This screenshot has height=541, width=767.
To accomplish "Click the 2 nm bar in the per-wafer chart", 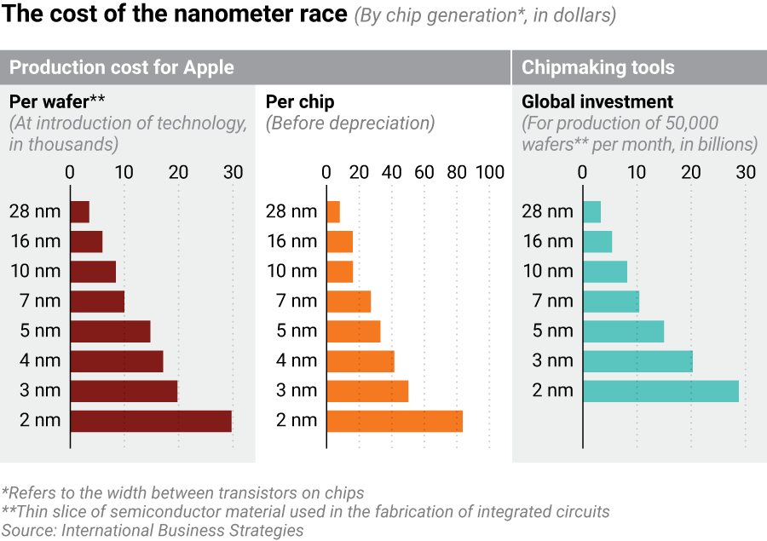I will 151,421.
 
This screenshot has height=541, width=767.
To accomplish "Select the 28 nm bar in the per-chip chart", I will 333,211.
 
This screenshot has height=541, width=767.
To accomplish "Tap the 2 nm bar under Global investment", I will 660,391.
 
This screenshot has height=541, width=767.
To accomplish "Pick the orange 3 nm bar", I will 367,391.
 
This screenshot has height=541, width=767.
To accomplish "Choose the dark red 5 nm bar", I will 110,331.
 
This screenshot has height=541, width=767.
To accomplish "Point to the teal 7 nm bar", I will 610,301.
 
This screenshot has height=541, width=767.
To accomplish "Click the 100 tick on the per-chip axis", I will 490,172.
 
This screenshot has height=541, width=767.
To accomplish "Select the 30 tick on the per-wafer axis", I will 233,172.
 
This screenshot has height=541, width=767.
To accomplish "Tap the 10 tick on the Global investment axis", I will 637,172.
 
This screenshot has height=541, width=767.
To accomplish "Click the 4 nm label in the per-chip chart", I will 297,360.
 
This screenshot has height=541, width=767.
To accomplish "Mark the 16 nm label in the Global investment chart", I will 547,241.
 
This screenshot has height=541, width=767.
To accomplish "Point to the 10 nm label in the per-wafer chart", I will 35,271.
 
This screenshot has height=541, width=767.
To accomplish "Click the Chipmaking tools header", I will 597,67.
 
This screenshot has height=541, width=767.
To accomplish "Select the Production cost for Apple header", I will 121,67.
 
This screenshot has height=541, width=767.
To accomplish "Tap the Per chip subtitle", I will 300,102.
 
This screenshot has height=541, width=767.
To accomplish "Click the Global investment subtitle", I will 597,102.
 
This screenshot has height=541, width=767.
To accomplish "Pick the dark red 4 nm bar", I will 117,361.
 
